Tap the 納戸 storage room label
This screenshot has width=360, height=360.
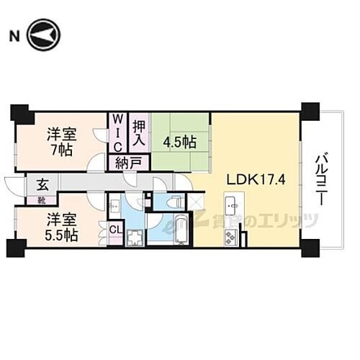pyautogui.click(x=127, y=163)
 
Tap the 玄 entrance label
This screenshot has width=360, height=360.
pyautogui.click(x=34, y=182)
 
